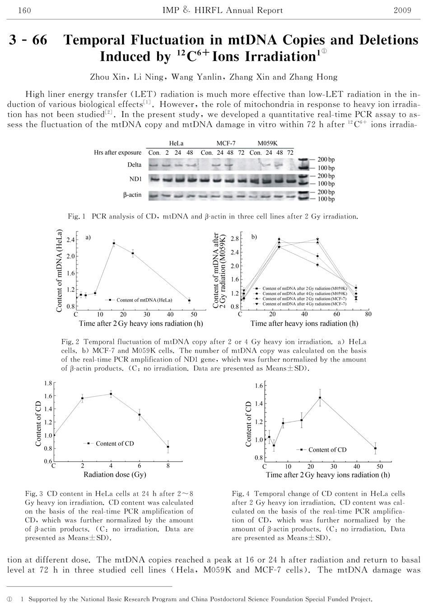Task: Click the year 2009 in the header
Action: [x=402, y=10]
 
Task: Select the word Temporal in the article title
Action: [x=96, y=40]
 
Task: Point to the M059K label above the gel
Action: [x=268, y=143]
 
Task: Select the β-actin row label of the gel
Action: [x=132, y=195]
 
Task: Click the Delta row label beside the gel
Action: [x=134, y=165]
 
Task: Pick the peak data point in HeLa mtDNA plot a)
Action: [x=114, y=244]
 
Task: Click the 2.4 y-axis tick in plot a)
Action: [x=70, y=240]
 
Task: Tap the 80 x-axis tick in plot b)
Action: [x=368, y=314]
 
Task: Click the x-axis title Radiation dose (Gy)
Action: [x=115, y=475]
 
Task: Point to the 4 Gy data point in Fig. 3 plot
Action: [x=111, y=394]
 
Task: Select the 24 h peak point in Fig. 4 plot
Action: [x=320, y=398]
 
